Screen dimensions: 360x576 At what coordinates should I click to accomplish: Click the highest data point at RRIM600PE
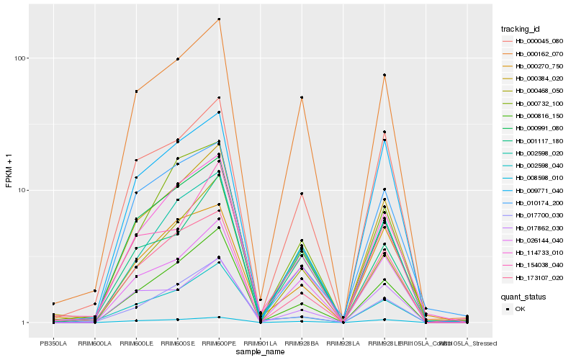coord(219,19)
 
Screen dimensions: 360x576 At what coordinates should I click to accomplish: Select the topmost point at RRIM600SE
coord(177,59)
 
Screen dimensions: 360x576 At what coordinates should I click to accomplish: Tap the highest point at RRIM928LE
coord(384,75)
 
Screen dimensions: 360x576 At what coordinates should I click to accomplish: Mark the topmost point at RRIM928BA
coord(302,97)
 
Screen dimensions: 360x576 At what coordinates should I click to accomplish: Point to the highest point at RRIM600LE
coord(136,91)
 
